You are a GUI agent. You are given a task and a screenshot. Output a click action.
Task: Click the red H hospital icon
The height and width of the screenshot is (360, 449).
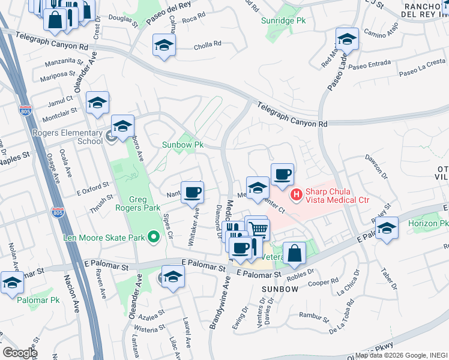tap(295, 194)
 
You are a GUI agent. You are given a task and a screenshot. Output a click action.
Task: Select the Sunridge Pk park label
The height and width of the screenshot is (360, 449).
tap(283, 20)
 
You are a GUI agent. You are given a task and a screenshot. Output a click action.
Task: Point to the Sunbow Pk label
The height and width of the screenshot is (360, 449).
tap(183, 145)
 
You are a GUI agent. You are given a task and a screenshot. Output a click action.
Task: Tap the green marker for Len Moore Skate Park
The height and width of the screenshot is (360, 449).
tap(154, 238)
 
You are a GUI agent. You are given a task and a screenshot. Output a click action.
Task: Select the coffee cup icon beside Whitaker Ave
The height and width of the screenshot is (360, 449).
tap(192, 193)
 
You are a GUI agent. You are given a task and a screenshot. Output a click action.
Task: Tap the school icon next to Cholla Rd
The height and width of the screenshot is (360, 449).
tap(163, 46)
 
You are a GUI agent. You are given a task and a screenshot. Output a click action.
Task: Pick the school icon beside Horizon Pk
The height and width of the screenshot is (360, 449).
tap(387, 229)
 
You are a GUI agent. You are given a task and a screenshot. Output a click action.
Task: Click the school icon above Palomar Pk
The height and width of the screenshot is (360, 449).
tap(12, 282)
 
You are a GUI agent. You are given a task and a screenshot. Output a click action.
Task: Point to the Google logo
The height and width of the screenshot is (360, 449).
tap(20, 353)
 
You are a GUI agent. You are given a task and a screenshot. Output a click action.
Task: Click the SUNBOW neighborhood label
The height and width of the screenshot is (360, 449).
tap(280, 289)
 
